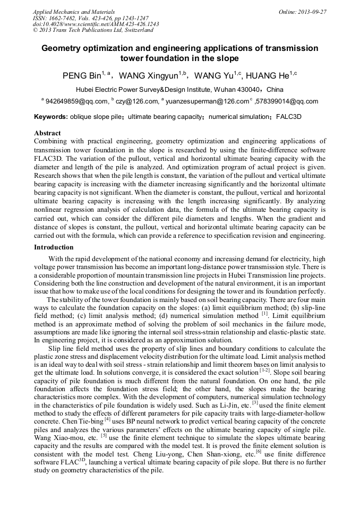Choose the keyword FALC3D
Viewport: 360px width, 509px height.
coord(288,116)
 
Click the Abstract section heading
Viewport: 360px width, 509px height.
coord(47,133)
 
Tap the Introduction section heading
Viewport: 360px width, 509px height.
coord(54,247)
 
